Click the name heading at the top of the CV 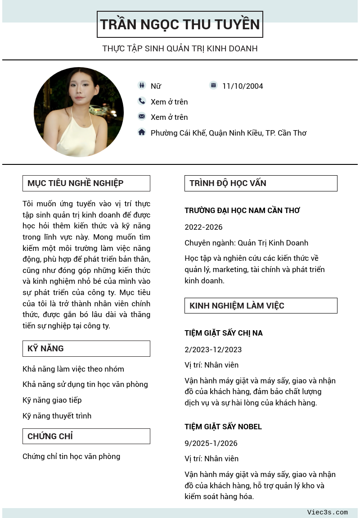[180, 24]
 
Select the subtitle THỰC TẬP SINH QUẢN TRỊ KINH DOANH [180, 48]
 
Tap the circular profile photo [79, 112]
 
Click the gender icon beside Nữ [142, 85]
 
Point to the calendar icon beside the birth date [213, 85]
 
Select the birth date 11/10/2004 [243, 86]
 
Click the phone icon [142, 101]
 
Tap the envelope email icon [142, 116]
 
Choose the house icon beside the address [142, 132]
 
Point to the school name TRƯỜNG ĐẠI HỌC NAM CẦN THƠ [242, 210]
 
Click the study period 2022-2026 [203, 227]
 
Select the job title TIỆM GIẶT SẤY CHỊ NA [224, 333]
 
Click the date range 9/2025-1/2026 [211, 443]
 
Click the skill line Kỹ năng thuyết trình [57, 416]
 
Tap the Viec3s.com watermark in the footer [328, 513]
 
